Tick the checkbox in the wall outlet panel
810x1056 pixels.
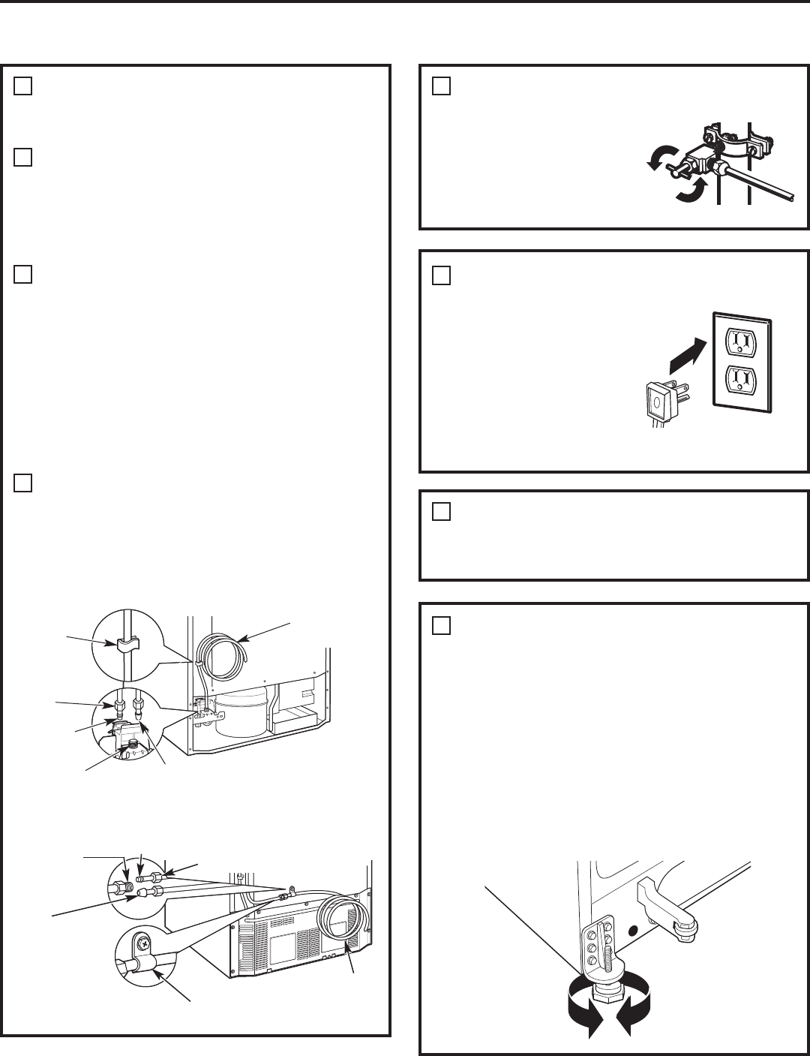coord(441,275)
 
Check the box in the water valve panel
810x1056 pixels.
coord(441,86)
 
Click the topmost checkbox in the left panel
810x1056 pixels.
coord(22,86)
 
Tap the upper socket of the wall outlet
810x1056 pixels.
coord(742,342)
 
